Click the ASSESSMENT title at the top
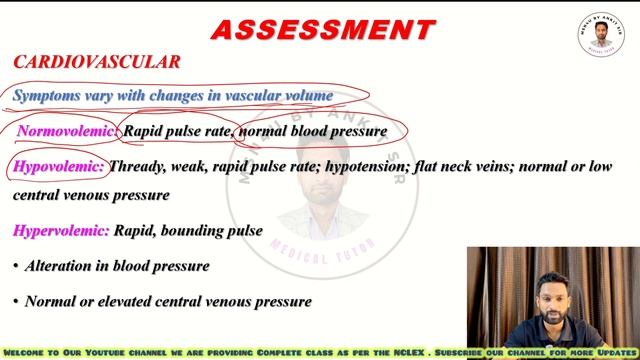pos(322,29)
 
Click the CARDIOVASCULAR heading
pos(97,62)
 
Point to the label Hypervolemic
pos(62,231)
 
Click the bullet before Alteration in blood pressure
pos(15,266)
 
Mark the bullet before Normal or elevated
pos(15,300)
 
